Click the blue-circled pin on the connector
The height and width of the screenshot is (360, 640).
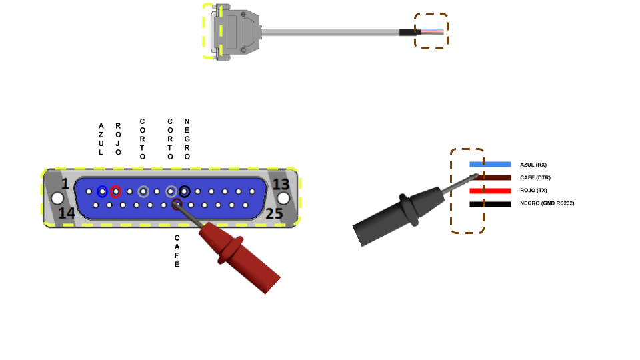pyautogui.click(x=102, y=191)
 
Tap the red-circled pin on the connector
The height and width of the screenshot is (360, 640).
pyautogui.click(x=116, y=191)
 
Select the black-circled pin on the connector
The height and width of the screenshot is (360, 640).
pyautogui.click(x=185, y=191)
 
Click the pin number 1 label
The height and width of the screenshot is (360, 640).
pyautogui.click(x=65, y=184)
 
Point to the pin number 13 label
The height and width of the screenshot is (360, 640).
pyautogui.click(x=281, y=184)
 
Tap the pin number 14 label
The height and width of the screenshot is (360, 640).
pyautogui.click(x=66, y=213)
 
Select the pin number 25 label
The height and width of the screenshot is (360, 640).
pyautogui.click(x=275, y=213)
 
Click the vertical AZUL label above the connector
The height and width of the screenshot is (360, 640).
pyautogui.click(x=101, y=139)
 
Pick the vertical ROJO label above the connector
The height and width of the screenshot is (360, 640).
pyautogui.click(x=118, y=139)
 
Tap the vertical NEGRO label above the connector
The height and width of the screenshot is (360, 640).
pyautogui.click(x=187, y=139)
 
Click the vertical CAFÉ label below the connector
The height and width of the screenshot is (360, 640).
pyautogui.click(x=177, y=251)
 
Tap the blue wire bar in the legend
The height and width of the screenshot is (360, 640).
pyautogui.click(x=490, y=164)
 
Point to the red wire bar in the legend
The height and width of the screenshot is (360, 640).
pyautogui.click(x=490, y=191)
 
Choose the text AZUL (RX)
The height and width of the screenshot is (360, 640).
pyautogui.click(x=533, y=165)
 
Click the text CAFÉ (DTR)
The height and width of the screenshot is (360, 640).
pyautogui.click(x=535, y=177)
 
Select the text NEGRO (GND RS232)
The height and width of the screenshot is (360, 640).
pyautogui.click(x=547, y=203)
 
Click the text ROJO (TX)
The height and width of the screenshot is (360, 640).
pyautogui.click(x=533, y=191)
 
